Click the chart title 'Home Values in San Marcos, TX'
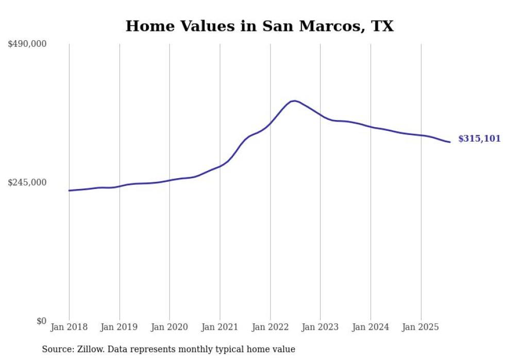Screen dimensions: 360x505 click(259, 26)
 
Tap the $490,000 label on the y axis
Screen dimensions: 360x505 click(27, 44)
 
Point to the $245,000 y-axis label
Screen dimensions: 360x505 click(27, 182)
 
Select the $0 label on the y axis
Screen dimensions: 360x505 click(41, 321)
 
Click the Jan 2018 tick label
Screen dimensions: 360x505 click(69, 327)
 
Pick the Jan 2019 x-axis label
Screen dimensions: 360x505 click(120, 327)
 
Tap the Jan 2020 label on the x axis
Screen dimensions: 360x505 click(170, 327)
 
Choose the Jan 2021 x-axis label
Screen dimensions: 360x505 click(220, 327)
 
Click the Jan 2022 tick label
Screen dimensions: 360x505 click(270, 327)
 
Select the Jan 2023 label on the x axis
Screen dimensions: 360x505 click(321, 327)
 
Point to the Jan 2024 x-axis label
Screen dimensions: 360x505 click(371, 327)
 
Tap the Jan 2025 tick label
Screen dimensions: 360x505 click(421, 327)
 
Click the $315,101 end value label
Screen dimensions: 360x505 click(479, 139)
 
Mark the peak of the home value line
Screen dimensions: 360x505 click(294, 101)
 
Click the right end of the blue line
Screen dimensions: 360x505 click(450, 142)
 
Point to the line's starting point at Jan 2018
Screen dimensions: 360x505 click(69, 191)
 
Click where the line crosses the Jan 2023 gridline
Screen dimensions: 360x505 click(321, 115)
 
